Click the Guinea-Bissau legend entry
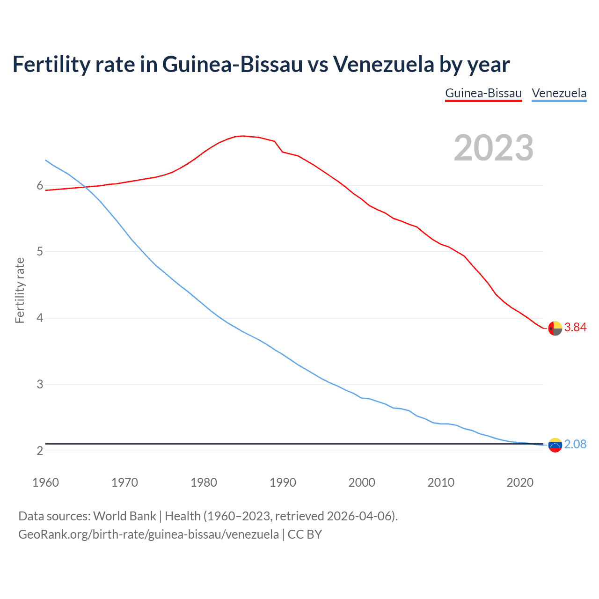483,93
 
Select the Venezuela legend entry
559,93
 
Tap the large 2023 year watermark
493,148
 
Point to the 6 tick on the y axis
40,186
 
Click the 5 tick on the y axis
40,252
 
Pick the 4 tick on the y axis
40,318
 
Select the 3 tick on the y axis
40,385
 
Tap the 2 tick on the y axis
40,451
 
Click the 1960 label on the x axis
45,482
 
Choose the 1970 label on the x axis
124,482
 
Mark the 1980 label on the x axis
204,482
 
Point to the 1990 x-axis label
283,482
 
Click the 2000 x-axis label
362,482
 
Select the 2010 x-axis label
441,482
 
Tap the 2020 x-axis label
520,482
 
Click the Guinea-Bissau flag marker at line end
555,329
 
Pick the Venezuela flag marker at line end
555,445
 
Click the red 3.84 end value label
575,328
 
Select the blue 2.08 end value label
575,445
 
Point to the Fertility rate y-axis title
20,290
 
